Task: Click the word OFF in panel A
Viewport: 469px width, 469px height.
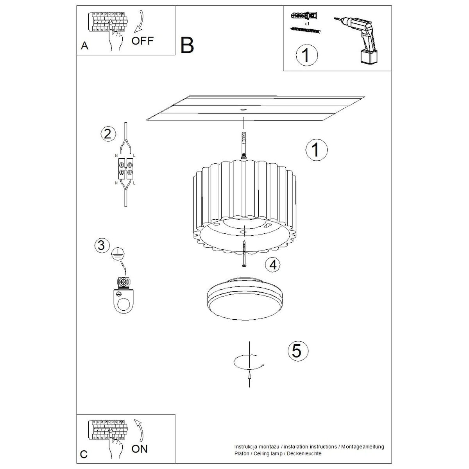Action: point(142,41)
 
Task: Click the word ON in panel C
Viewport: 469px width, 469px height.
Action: point(140,449)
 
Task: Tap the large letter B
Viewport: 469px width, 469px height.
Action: point(187,45)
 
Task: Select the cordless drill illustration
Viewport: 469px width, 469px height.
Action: point(357,41)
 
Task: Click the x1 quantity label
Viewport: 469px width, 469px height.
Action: point(307,24)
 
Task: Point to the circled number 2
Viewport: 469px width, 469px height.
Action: point(108,134)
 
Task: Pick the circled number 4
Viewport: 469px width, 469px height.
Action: point(272,265)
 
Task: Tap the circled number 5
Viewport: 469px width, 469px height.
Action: point(298,351)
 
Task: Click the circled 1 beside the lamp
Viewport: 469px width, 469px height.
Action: point(317,150)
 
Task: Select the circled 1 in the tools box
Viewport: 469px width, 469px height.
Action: point(307,55)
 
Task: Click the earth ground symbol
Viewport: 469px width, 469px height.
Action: point(118,254)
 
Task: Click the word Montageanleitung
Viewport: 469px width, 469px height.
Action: point(363,440)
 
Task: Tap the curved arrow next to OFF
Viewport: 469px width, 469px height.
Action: point(140,21)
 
